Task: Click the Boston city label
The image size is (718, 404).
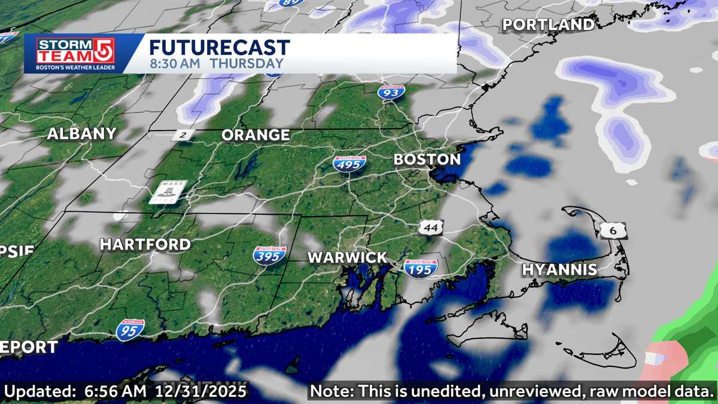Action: [427, 160]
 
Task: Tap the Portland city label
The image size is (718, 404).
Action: [548, 25]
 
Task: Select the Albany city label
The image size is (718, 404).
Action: [81, 133]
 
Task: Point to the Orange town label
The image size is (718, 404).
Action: [255, 135]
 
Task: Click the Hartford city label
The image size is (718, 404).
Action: [145, 244]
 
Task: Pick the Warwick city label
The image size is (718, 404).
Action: [348, 258]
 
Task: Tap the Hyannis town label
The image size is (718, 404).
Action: [559, 269]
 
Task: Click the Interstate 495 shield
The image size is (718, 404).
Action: [349, 162]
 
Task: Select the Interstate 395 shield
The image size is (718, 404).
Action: [269, 256]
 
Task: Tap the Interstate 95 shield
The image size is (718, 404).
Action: [130, 330]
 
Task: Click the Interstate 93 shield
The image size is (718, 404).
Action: [391, 92]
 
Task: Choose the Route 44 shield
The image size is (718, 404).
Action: [431, 227]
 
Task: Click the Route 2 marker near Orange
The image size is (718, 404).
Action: [182, 135]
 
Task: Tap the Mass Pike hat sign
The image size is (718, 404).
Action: [168, 192]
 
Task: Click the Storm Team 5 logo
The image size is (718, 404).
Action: [75, 53]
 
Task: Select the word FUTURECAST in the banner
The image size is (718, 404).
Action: [220, 48]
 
